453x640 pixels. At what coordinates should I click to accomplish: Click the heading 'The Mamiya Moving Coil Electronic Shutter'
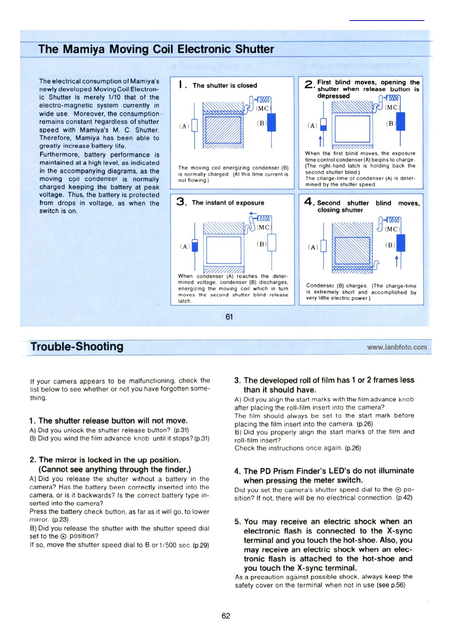(156, 49)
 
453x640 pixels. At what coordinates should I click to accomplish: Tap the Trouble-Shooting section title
(77, 347)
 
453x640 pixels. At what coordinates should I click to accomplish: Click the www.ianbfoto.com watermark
(397, 347)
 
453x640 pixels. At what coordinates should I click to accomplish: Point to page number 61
(229, 317)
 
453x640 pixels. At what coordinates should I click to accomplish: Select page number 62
(226, 616)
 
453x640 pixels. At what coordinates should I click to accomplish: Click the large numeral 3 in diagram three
(181, 202)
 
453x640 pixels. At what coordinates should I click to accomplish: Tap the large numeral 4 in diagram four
(309, 202)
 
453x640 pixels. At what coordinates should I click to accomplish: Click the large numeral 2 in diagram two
(309, 84)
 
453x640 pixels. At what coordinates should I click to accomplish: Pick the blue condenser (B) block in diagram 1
(271, 122)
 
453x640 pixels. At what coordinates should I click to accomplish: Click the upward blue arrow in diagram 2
(320, 141)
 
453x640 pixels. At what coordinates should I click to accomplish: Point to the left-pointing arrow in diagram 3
(253, 214)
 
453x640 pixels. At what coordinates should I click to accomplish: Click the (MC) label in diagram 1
(263, 108)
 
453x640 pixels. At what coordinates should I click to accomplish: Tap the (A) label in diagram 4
(313, 247)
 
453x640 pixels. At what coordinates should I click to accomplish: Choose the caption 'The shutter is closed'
(225, 86)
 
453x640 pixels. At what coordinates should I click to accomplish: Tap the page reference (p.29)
(201, 545)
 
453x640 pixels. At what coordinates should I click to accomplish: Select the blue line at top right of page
(386, 20)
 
